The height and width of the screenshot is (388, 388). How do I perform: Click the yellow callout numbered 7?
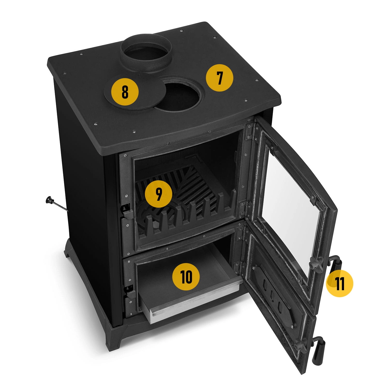219,78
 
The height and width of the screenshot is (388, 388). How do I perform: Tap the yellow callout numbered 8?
125,92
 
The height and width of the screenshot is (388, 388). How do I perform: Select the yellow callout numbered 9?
159,195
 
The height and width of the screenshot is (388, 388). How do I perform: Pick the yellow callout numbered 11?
339,284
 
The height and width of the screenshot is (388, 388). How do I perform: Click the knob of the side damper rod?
49,200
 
